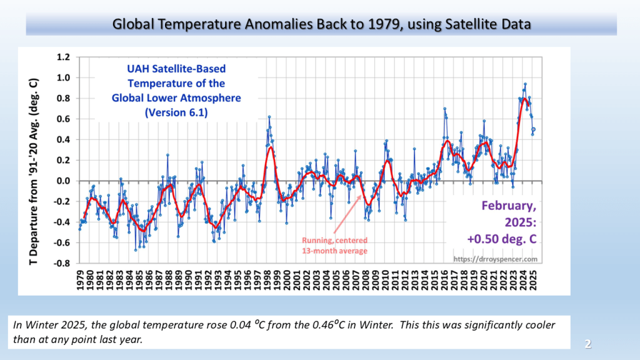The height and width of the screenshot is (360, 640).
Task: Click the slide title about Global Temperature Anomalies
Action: (x=321, y=24)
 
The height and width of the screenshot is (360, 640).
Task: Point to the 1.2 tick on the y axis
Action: (x=62, y=57)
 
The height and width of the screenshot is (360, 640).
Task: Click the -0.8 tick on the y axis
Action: (x=61, y=263)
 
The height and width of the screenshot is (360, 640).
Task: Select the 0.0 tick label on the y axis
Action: (x=62, y=181)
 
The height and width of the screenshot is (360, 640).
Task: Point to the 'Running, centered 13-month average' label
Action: (x=335, y=244)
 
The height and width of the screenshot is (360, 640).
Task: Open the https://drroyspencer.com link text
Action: (x=496, y=258)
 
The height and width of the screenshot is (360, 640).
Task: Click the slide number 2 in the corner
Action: (x=587, y=344)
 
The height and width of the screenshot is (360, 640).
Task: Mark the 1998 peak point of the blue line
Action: (x=269, y=117)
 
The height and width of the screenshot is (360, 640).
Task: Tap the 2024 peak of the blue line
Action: (x=525, y=84)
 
